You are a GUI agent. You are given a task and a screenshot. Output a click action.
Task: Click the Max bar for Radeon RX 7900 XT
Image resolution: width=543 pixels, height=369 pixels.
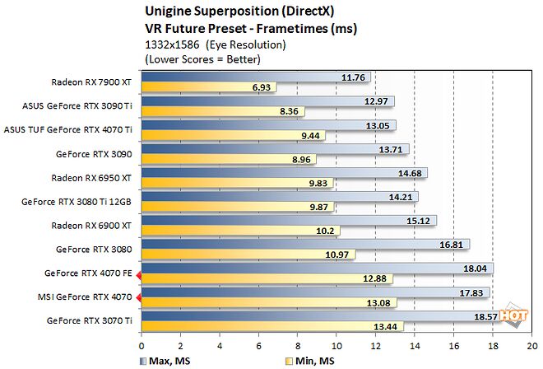point(255,77)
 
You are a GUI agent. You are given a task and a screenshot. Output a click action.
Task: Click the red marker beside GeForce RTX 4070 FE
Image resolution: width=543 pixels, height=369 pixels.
point(139,273)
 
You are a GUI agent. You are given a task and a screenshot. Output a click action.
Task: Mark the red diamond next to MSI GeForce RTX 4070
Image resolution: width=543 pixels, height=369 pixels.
point(139,297)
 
